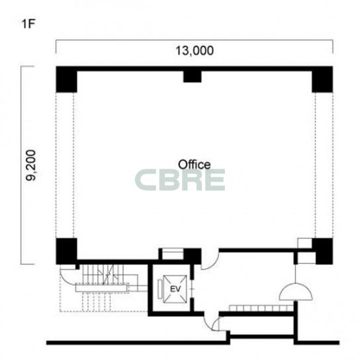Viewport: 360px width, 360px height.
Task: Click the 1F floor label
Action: click(28, 24)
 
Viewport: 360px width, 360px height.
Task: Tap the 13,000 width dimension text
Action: click(195, 50)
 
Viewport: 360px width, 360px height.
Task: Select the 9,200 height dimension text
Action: click(31, 165)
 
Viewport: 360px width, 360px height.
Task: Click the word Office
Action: click(195, 164)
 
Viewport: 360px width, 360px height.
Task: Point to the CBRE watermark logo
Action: click(180, 180)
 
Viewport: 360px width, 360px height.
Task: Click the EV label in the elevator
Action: click(175, 289)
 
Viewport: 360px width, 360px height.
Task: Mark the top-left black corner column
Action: click(66, 79)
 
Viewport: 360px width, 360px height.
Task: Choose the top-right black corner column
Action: click(322, 79)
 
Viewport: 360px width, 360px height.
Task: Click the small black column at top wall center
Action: click(192, 77)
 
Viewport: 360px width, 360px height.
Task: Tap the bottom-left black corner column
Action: click(66, 251)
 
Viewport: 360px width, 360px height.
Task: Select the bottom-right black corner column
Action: click(322, 251)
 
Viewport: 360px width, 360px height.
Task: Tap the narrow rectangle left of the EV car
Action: click(160, 289)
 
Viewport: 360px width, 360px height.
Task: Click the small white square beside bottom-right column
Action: click(304, 244)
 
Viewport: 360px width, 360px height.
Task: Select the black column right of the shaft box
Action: click(193, 256)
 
